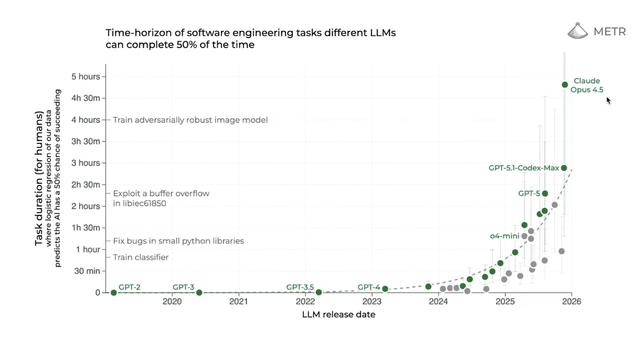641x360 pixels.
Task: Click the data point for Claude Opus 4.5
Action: (x=564, y=85)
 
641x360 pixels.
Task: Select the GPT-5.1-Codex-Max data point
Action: (x=564, y=168)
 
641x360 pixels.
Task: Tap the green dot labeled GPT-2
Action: (x=114, y=293)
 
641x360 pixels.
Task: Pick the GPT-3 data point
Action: (x=199, y=293)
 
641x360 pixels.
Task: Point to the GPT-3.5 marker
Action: (x=318, y=293)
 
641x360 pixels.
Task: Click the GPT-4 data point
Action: (x=385, y=289)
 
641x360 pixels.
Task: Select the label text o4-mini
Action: (x=505, y=236)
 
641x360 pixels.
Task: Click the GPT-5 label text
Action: (x=529, y=193)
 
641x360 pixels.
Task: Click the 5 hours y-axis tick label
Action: (x=86, y=77)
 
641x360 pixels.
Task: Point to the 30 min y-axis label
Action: (x=87, y=271)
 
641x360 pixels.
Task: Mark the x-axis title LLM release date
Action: (x=338, y=314)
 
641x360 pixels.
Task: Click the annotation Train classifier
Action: (x=140, y=257)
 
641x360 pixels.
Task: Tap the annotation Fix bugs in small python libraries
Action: (x=178, y=241)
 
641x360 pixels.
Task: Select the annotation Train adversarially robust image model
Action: (x=190, y=120)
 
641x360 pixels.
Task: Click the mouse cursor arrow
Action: (x=608, y=101)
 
